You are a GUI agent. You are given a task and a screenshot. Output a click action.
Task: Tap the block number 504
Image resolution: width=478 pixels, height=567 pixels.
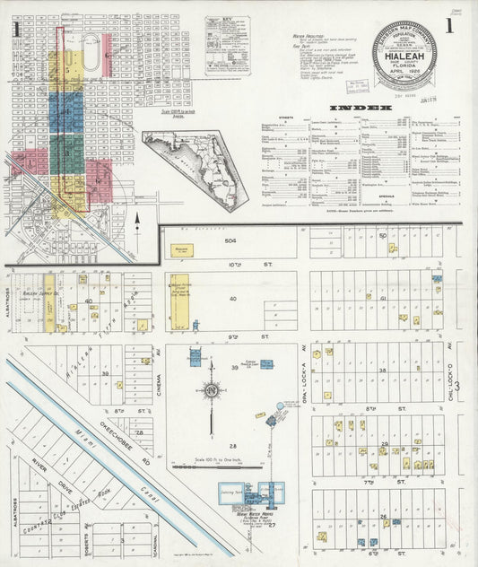click(x=230, y=241)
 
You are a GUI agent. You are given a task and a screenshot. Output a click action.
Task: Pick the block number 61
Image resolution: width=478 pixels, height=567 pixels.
click(x=383, y=297)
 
